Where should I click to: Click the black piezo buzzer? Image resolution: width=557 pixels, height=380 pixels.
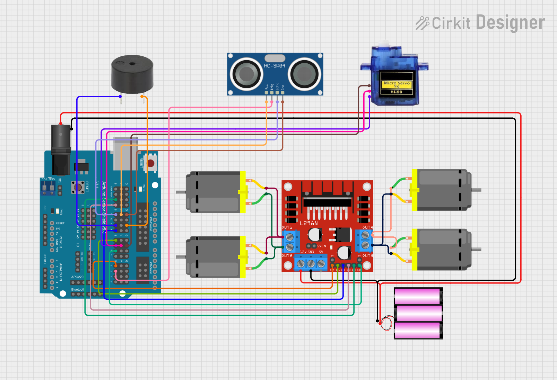point(132,74)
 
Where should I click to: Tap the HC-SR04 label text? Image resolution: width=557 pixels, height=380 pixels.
point(274,66)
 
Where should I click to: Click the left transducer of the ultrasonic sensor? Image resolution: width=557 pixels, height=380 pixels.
point(246,74)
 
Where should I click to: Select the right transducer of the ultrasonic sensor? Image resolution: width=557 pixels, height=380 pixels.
point(305,74)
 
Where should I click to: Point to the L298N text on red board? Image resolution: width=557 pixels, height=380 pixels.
point(308,224)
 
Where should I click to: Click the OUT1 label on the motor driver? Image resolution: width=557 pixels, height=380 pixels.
point(287,227)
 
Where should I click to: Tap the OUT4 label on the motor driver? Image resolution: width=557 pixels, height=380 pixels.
point(367,227)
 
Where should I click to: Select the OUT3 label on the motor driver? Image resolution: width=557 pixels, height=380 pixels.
point(367,256)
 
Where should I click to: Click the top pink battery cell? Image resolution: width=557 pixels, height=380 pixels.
point(418,297)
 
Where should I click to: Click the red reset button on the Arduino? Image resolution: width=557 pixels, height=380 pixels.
point(151,163)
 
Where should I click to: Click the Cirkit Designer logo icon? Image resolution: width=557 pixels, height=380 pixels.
point(423,23)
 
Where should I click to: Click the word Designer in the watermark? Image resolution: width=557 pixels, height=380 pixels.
point(510,23)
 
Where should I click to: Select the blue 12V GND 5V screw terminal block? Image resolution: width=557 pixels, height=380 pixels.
point(311,263)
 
